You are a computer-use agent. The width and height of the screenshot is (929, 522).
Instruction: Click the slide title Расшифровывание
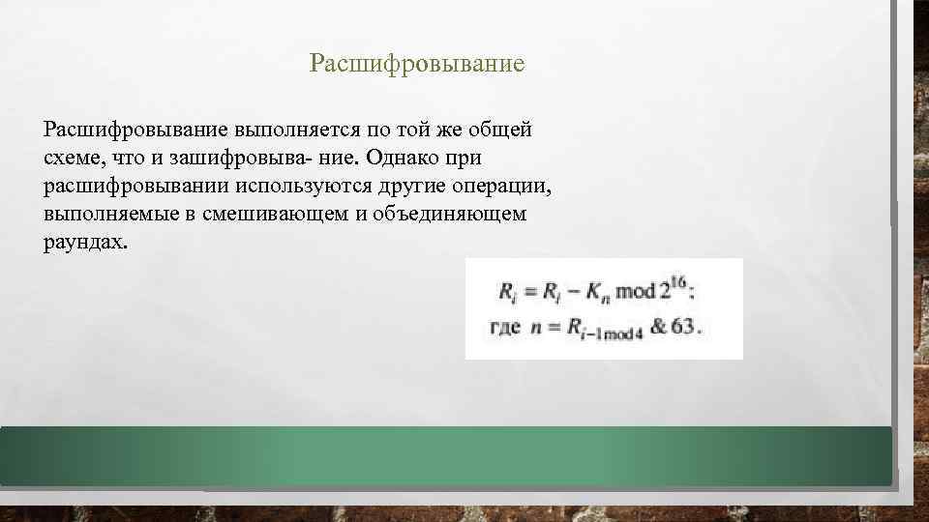click(416, 65)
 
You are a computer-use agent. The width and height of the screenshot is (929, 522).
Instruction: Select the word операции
click(503, 185)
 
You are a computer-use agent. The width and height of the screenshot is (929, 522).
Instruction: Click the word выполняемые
click(105, 214)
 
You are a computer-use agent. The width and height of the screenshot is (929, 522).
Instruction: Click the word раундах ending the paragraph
click(84, 242)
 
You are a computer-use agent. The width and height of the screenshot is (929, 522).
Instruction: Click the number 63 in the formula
click(684, 326)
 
